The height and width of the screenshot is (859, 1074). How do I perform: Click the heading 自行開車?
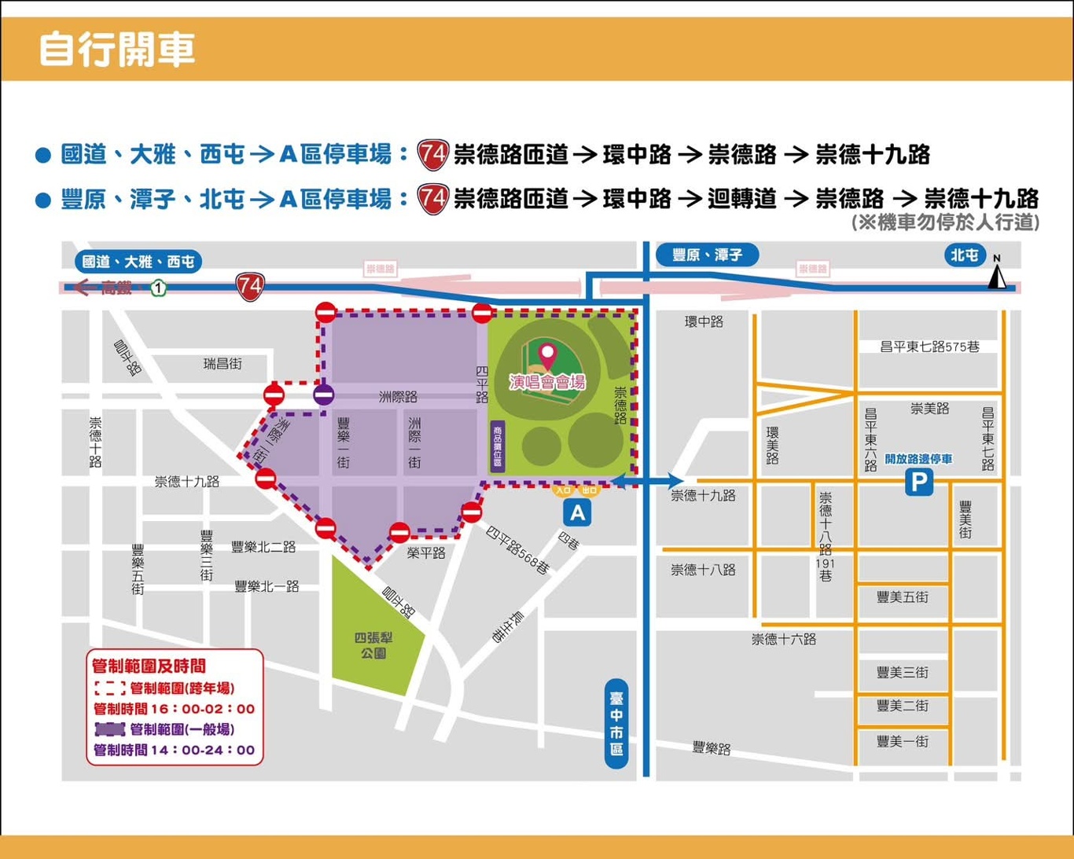(x=116, y=49)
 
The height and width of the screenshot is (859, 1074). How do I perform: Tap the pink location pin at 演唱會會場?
(x=546, y=354)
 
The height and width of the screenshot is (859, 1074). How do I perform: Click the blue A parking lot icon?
(x=577, y=513)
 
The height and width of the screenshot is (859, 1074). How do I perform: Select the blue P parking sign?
(x=918, y=481)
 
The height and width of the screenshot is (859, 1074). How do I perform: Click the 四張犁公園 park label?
(x=373, y=645)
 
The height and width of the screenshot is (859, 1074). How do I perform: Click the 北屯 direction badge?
(x=964, y=255)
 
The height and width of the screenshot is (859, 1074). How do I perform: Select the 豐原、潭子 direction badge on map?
(x=707, y=255)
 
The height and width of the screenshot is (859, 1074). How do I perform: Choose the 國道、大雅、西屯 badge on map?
(x=138, y=262)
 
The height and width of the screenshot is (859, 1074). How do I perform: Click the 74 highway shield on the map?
(x=250, y=287)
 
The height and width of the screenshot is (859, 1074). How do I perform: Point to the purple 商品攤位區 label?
(x=497, y=446)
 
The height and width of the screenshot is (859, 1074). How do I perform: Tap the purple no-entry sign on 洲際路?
(x=323, y=395)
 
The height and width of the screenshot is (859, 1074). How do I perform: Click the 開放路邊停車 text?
(x=918, y=459)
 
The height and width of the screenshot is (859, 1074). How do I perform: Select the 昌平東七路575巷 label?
(x=929, y=347)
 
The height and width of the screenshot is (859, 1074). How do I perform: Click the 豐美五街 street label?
(x=902, y=597)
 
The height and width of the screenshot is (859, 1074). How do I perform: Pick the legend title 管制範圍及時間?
(x=149, y=666)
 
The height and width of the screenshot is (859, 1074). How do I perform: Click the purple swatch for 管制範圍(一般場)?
(x=109, y=729)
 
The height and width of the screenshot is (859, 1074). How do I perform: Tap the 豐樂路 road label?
(x=712, y=748)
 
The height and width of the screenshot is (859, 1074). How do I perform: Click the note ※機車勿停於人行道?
(x=946, y=222)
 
